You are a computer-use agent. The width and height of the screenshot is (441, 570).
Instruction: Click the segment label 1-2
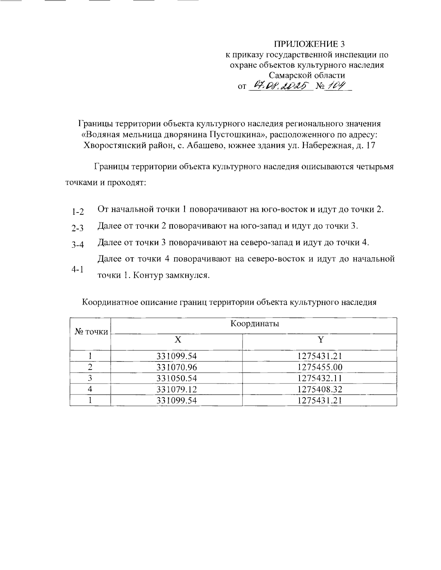click(78, 212)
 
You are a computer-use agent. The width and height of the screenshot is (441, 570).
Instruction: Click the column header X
click(178, 340)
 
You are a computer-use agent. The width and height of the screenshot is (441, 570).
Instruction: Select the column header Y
click(320, 340)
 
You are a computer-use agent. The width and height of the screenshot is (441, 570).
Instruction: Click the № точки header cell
click(91, 332)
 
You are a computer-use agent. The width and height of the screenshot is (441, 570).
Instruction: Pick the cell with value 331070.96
click(177, 367)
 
